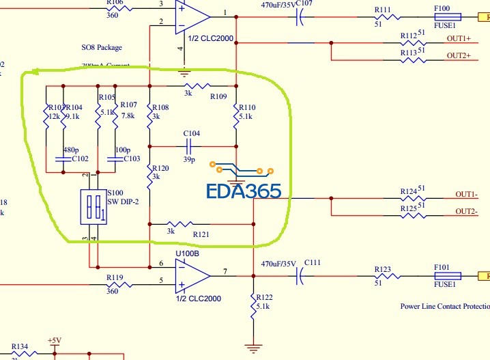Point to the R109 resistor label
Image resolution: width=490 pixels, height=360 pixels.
pyautogui.click(x=218, y=96)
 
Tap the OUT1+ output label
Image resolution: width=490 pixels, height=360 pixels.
pyautogui.click(x=459, y=38)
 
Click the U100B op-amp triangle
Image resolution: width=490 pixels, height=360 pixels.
pyautogui.click(x=192, y=275)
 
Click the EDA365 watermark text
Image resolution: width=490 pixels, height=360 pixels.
pyautogui.click(x=243, y=191)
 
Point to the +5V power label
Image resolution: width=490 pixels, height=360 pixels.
pyautogui.click(x=55, y=340)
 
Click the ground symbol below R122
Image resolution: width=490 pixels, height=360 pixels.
pyautogui.click(x=253, y=348)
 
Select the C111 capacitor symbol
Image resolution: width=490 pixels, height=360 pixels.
pyautogui.click(x=299, y=276)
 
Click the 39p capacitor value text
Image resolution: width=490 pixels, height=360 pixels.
pyautogui.click(x=189, y=160)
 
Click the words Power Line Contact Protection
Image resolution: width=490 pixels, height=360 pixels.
pyautogui.click(x=444, y=306)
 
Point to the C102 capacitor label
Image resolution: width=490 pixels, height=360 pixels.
pyautogui.click(x=81, y=158)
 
